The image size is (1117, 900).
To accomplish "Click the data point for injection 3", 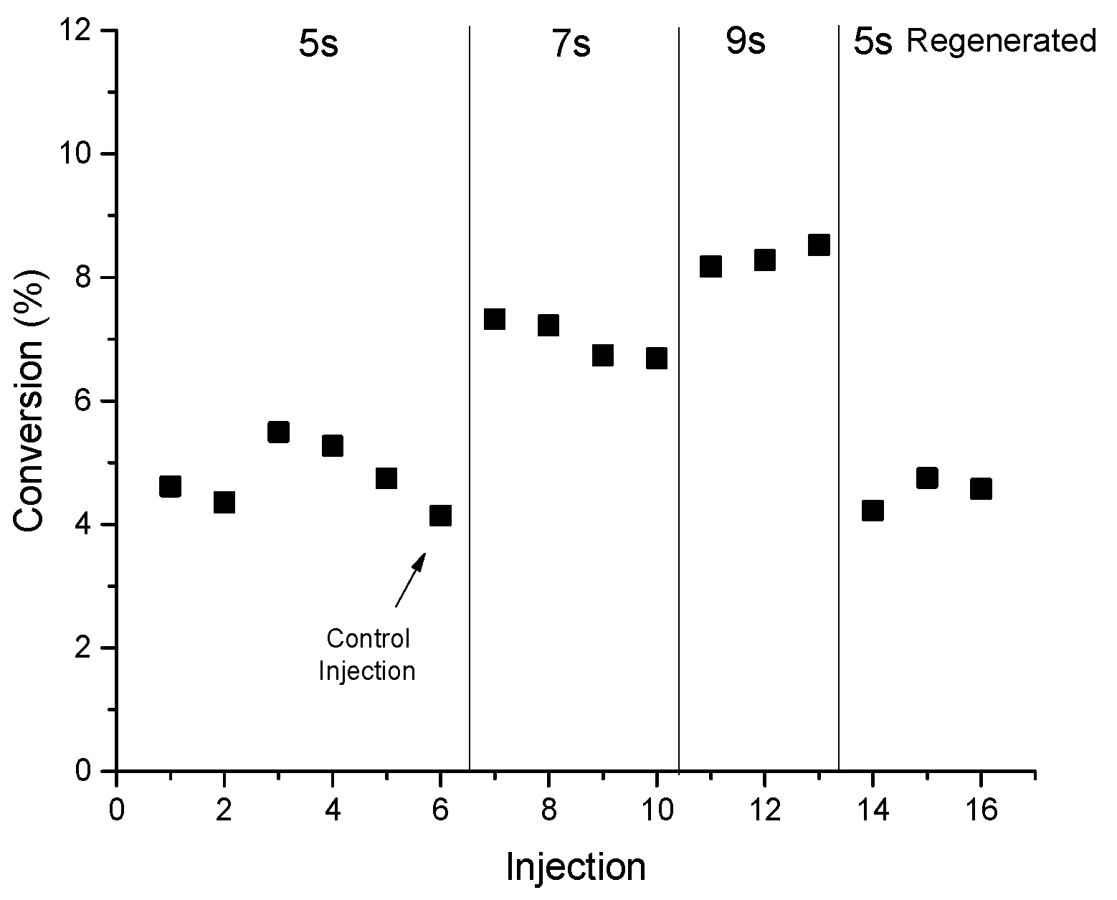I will (x=278, y=432).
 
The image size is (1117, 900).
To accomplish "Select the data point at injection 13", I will (x=819, y=245).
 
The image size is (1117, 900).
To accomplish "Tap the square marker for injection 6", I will (x=440, y=515).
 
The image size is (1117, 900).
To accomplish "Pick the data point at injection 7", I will (x=495, y=318).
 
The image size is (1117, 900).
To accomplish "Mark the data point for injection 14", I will (x=873, y=511).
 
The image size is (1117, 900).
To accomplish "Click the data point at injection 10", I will (x=657, y=358).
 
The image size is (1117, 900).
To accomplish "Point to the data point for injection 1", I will (x=170, y=486).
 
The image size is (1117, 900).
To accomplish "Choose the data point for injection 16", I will (x=981, y=488).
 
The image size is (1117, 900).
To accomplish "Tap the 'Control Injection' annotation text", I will (x=367, y=655).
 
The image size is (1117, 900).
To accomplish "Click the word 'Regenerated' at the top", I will (x=1001, y=42).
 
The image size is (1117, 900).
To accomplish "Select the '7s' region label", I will (x=571, y=44).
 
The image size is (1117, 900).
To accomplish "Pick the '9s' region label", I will (x=746, y=42).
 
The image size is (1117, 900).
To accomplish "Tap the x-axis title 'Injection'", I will (x=576, y=867).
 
